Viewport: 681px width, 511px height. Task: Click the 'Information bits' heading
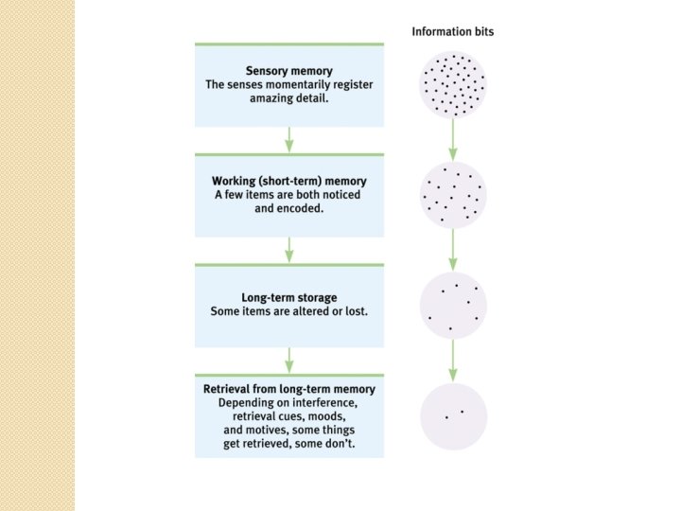tap(452, 31)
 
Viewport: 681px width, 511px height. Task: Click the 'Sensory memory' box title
tap(288, 71)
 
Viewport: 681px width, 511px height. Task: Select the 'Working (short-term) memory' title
tap(289, 181)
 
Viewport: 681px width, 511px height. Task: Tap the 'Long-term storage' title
tap(289, 298)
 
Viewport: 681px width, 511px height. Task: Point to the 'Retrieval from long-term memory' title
tap(289, 389)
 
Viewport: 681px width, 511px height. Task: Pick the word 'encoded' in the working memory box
tap(301, 207)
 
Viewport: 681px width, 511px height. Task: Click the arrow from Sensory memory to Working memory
tap(289, 139)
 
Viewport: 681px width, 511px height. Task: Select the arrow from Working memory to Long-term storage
tap(289, 250)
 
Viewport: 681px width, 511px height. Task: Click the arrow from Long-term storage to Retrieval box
tap(289, 360)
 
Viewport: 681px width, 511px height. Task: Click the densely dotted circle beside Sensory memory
tap(453, 84)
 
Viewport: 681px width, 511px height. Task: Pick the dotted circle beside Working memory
tap(453, 195)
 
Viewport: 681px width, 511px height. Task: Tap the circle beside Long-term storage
tap(453, 306)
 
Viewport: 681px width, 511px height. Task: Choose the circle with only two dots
tap(453, 415)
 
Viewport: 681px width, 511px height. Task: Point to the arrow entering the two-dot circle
tap(453, 361)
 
